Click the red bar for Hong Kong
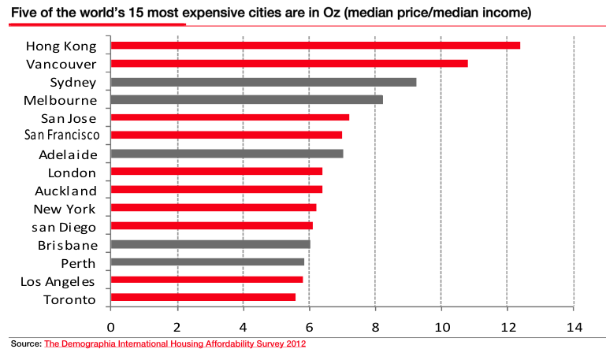(315, 45)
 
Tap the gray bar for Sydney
(263, 82)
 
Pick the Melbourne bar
(247, 99)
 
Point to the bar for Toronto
(203, 298)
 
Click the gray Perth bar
(207, 262)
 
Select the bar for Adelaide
(227, 154)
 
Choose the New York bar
(214, 208)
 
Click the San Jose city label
(69, 118)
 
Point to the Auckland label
(66, 191)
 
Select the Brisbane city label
(67, 245)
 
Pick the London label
(72, 173)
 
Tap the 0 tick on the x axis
(111, 327)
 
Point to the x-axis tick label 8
(376, 327)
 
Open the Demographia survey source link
(175, 343)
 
